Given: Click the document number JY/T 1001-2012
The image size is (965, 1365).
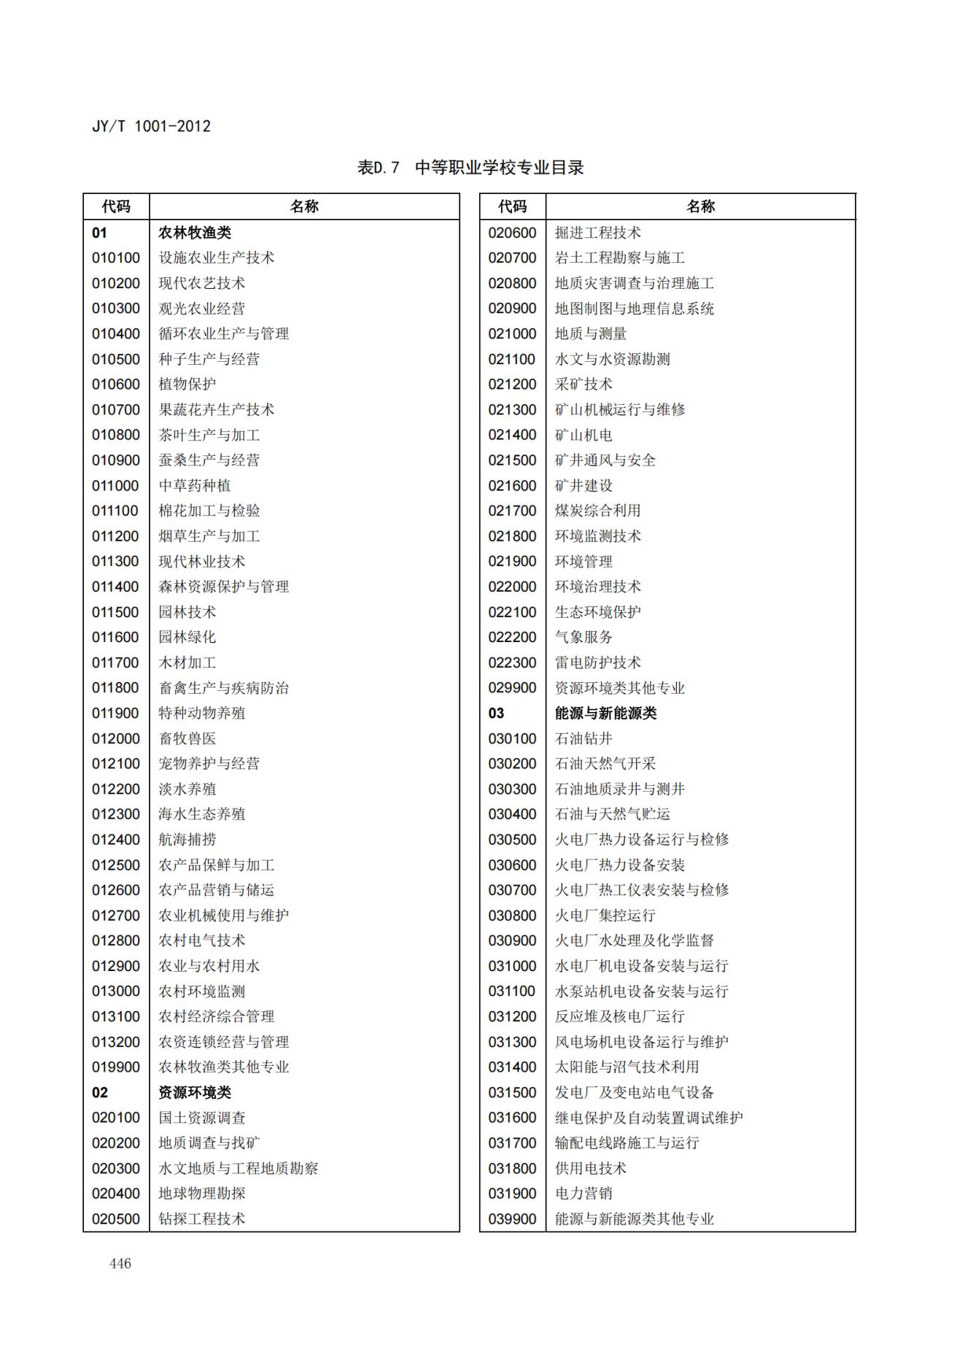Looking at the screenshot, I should pos(151,126).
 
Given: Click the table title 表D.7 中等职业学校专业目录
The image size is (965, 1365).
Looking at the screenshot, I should pos(470,168).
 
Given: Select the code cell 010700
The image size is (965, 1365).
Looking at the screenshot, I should pos(116,410).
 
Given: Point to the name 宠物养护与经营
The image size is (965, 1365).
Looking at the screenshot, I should pos(209,764).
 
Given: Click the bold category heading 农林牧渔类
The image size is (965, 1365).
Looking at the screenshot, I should pos(195,233).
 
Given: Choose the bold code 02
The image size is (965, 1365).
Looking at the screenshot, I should pos(100,1092).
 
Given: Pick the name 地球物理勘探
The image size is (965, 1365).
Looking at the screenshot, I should pos(202,1194).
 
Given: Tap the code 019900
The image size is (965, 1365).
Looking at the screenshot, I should pos(116,1067).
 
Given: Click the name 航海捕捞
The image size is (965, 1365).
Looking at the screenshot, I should pos(187,840).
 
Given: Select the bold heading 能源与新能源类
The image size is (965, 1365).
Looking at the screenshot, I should pos(605,714).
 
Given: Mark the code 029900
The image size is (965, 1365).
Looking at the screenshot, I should pos(512,688).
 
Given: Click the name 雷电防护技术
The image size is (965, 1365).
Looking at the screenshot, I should pos(598,662).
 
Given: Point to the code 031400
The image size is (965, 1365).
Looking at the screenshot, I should pos(512,1067).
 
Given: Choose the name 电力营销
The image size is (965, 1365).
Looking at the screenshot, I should pos(584,1194).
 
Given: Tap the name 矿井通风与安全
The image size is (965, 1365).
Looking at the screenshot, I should pos(605,460).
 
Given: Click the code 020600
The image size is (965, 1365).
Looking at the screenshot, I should pos(512,233).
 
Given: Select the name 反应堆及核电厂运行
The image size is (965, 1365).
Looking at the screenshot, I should pos(620,1016).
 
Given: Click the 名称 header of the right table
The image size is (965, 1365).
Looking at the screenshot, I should pos(700,206).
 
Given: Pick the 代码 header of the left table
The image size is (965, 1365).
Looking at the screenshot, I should pos(116,206).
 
